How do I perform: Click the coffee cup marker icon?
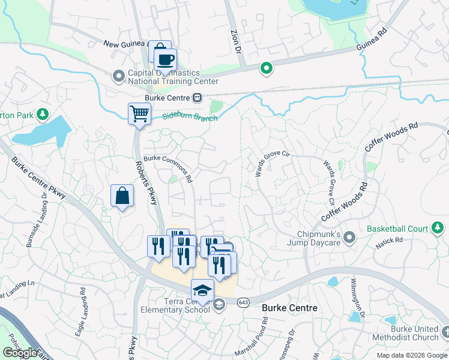[x=165, y=60]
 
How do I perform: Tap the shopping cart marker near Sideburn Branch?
[x=139, y=112]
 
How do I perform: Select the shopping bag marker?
[x=122, y=196]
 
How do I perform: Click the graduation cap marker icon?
[x=203, y=290]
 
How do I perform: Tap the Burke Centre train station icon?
[x=197, y=97]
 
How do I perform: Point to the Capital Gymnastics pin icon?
[x=118, y=76]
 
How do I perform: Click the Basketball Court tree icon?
[x=438, y=228]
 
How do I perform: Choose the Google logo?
[x=20, y=353]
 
